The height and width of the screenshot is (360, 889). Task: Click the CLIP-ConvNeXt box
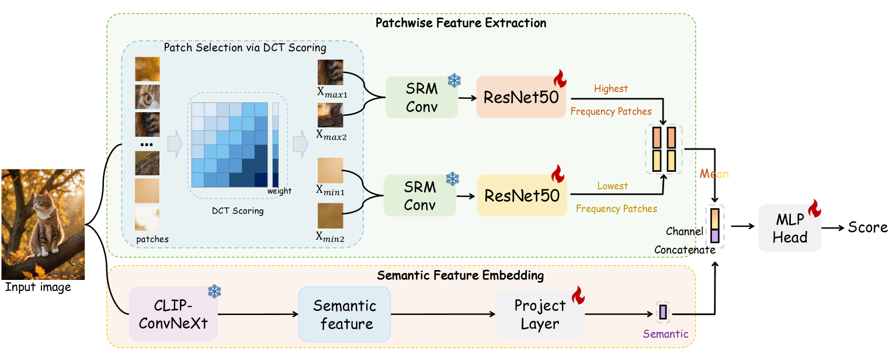tap(173, 314)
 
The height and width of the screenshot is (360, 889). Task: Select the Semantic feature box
tap(344, 314)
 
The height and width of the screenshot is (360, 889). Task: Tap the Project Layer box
tap(540, 314)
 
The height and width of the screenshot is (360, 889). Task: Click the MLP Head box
tap(790, 228)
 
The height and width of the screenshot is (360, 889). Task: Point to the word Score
tap(867, 228)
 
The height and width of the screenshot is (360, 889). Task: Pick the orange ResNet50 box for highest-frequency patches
tap(521, 97)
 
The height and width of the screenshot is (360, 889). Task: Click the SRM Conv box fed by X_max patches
tap(421, 97)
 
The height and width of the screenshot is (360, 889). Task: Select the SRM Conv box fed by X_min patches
tap(419, 195)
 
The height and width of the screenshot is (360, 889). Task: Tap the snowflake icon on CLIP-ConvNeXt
tap(214, 292)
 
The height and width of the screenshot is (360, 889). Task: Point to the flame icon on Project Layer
tap(578, 295)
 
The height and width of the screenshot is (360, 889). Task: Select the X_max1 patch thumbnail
tap(330, 72)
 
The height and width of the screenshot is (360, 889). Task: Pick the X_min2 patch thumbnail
tap(330, 215)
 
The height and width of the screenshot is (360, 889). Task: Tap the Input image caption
tap(38, 287)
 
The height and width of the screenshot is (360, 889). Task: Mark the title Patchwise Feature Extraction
tap(461, 23)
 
